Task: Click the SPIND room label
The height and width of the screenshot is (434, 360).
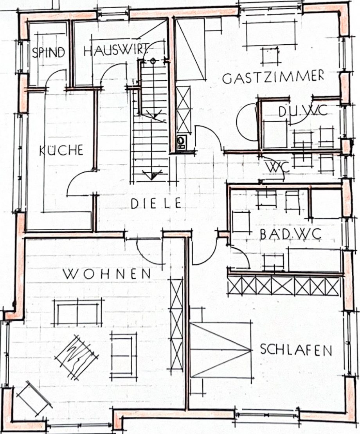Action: [48, 52]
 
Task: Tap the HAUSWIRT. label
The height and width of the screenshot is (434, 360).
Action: [116, 51]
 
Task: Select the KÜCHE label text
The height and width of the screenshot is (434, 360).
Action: [62, 150]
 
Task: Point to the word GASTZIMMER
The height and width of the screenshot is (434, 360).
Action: [273, 77]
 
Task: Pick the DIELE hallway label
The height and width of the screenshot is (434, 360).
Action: [156, 203]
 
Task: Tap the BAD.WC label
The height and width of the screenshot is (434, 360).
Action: [291, 234]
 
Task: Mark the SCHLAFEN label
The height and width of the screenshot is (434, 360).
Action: [296, 349]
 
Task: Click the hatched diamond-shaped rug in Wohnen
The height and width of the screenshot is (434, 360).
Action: [77, 356]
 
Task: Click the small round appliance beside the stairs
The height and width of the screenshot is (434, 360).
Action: [182, 140]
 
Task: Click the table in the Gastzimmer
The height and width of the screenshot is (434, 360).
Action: [270, 55]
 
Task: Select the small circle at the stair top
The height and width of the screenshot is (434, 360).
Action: [153, 61]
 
